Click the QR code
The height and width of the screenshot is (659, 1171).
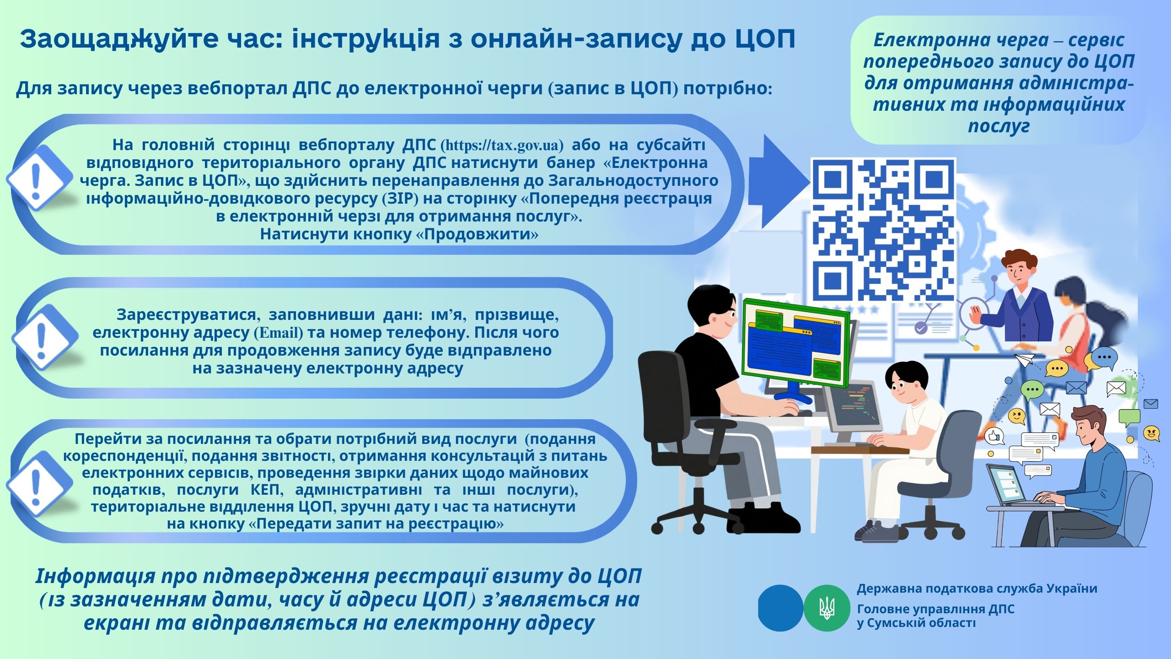[883, 230]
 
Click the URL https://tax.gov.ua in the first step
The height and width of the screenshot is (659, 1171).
[502, 146]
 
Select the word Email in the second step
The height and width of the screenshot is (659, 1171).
[279, 333]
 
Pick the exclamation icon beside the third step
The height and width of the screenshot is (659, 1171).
[38, 484]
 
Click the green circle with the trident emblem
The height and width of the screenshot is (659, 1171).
[827, 608]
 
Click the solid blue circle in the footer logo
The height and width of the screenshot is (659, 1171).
[780, 608]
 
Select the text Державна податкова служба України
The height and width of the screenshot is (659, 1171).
[977, 589]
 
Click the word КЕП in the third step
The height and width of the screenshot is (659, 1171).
[267, 490]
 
